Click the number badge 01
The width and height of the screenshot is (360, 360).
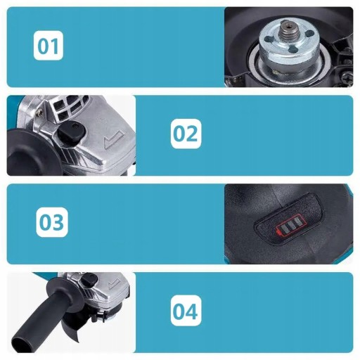(x=49, y=46)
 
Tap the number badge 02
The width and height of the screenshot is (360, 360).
(x=186, y=134)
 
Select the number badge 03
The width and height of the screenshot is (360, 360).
(x=52, y=221)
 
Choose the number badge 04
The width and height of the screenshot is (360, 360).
(x=186, y=311)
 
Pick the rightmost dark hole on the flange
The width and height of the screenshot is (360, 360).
(x=309, y=33)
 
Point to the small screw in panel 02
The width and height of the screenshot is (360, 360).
(x=40, y=112)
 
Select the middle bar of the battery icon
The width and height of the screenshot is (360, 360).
(x=290, y=226)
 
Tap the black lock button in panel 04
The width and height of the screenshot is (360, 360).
(x=90, y=280)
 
